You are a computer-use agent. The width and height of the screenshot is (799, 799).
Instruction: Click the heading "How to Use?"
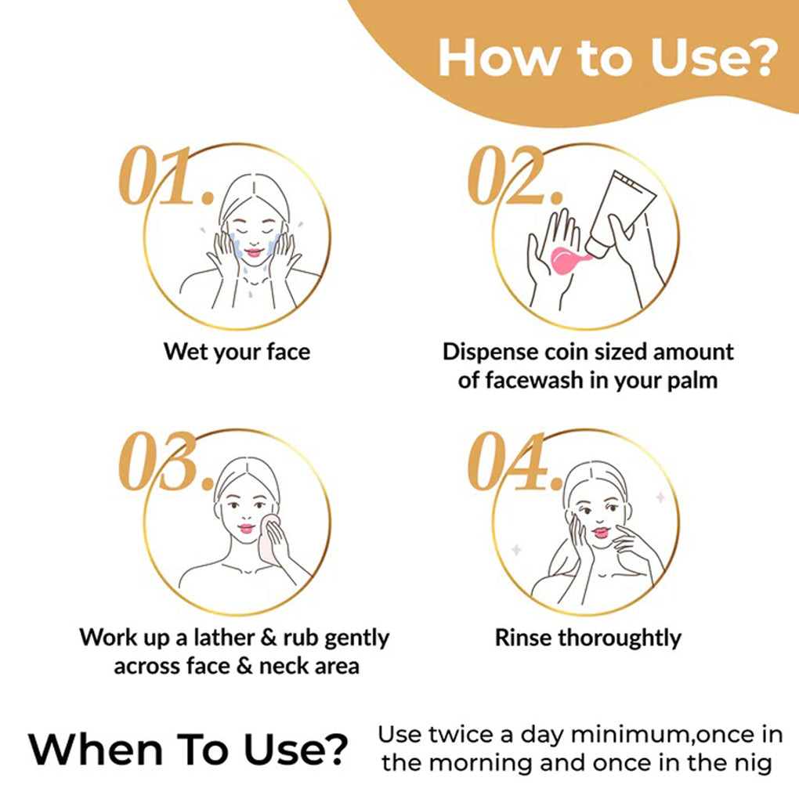pyautogui.click(x=607, y=58)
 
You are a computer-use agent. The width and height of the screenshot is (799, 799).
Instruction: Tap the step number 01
pyautogui.click(x=165, y=175)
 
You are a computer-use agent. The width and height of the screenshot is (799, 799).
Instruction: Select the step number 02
pyautogui.click(x=515, y=175)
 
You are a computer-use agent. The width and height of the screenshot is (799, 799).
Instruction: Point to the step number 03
pyautogui.click(x=165, y=461)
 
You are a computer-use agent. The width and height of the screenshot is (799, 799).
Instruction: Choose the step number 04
pyautogui.click(x=515, y=461)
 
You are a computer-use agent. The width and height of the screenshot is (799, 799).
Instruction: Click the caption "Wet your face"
pyautogui.click(x=237, y=352)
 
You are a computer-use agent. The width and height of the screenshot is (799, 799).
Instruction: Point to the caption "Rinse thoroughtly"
pyautogui.click(x=588, y=638)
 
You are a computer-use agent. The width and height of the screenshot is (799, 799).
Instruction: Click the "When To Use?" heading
pyautogui.click(x=188, y=750)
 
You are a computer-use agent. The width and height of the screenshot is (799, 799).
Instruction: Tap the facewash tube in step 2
pyautogui.click(x=620, y=214)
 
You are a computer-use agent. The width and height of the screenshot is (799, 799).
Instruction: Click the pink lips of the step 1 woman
pyautogui.click(x=254, y=251)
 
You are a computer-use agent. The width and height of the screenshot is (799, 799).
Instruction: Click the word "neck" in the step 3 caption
pyautogui.click(x=282, y=666)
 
